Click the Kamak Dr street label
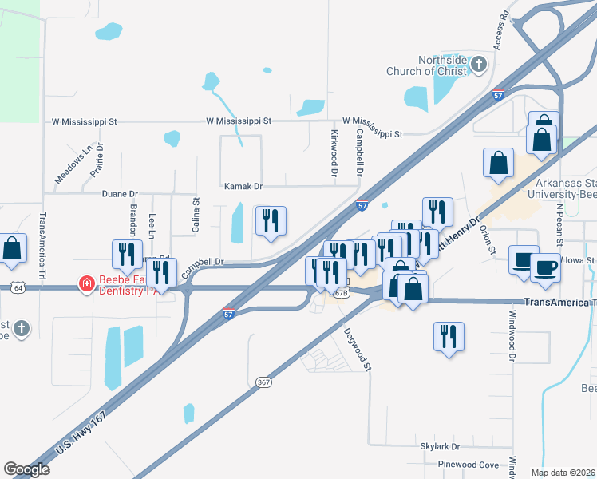point(243,186)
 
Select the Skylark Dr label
point(440,447)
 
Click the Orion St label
point(488,239)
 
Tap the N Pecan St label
point(560,221)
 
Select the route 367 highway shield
point(264,382)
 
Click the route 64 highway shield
point(18,287)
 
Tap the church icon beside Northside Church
point(478,64)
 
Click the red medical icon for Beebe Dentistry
point(85,283)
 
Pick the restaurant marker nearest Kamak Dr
point(270,221)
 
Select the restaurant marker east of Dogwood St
point(449,336)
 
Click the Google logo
point(26,469)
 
